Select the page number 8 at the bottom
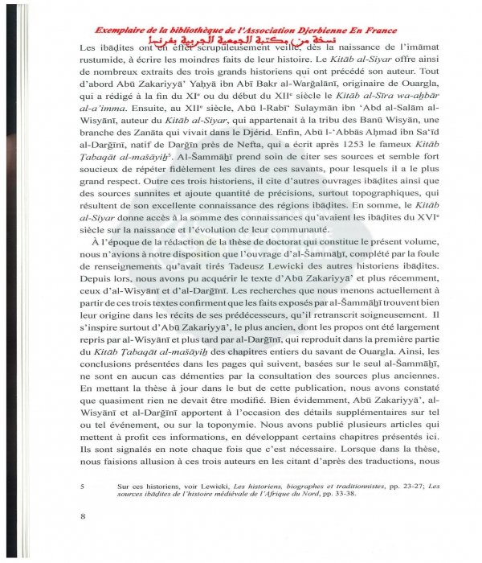point(84,516)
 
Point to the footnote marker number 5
point(84,487)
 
